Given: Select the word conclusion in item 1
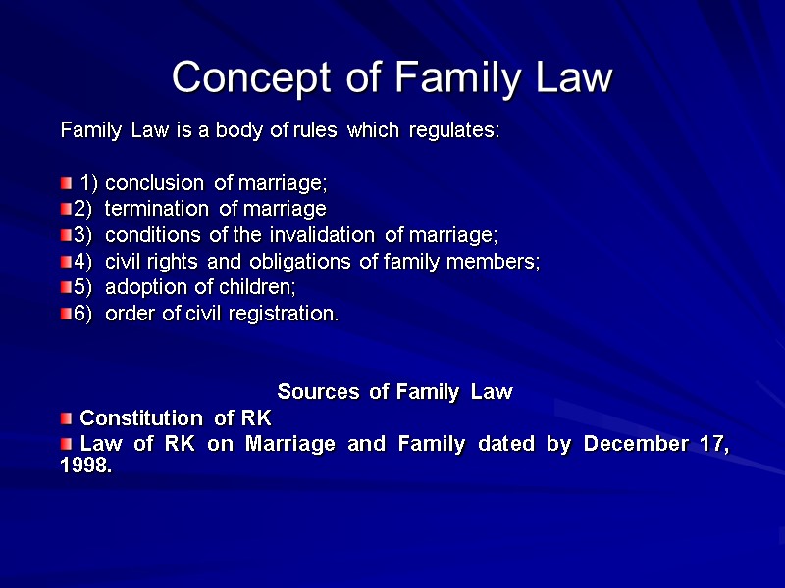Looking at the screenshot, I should point(156,183).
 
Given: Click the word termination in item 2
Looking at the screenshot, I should point(156,209).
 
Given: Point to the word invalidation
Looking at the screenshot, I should point(329,235).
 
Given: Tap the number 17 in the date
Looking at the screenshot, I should point(714,444).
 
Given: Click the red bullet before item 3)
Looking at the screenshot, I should point(66,235).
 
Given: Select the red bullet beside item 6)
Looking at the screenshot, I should point(66,314).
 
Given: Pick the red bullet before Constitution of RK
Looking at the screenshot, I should point(66,417).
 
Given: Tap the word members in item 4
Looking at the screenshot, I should point(495,262).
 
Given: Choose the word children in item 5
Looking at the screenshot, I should point(257,287).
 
